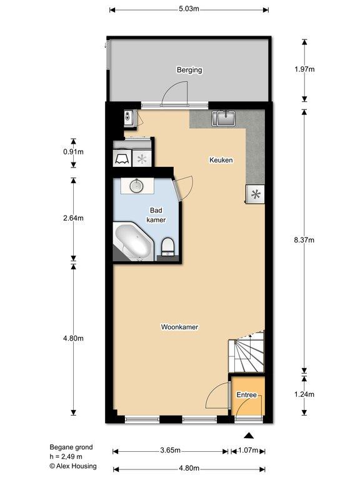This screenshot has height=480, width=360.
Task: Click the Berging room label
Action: [189, 70]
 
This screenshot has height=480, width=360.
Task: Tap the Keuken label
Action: [221, 160]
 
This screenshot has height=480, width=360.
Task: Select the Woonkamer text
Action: [180, 327]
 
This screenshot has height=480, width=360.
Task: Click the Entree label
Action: [246, 395]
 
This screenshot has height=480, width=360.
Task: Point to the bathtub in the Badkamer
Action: [134, 242]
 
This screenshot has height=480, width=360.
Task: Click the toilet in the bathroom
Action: [167, 246]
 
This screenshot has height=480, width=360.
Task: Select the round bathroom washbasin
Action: [136, 186]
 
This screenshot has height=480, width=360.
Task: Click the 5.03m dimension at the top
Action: [189, 9]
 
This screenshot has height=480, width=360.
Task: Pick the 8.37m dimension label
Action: [304, 240]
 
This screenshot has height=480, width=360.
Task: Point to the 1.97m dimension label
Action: [304, 69]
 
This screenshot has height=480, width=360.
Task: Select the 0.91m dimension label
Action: [74, 152]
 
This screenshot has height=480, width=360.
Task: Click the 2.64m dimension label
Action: [74, 218]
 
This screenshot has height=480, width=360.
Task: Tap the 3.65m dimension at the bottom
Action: [170, 450]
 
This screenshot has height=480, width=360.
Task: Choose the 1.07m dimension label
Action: [248, 450]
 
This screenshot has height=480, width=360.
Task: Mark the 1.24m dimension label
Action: [304, 394]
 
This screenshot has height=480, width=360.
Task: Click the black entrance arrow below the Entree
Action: [249, 436]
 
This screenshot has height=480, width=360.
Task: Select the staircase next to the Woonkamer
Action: [246, 351]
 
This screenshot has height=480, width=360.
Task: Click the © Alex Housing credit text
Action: [73, 466]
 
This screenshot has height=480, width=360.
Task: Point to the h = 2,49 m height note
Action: [66, 456]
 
